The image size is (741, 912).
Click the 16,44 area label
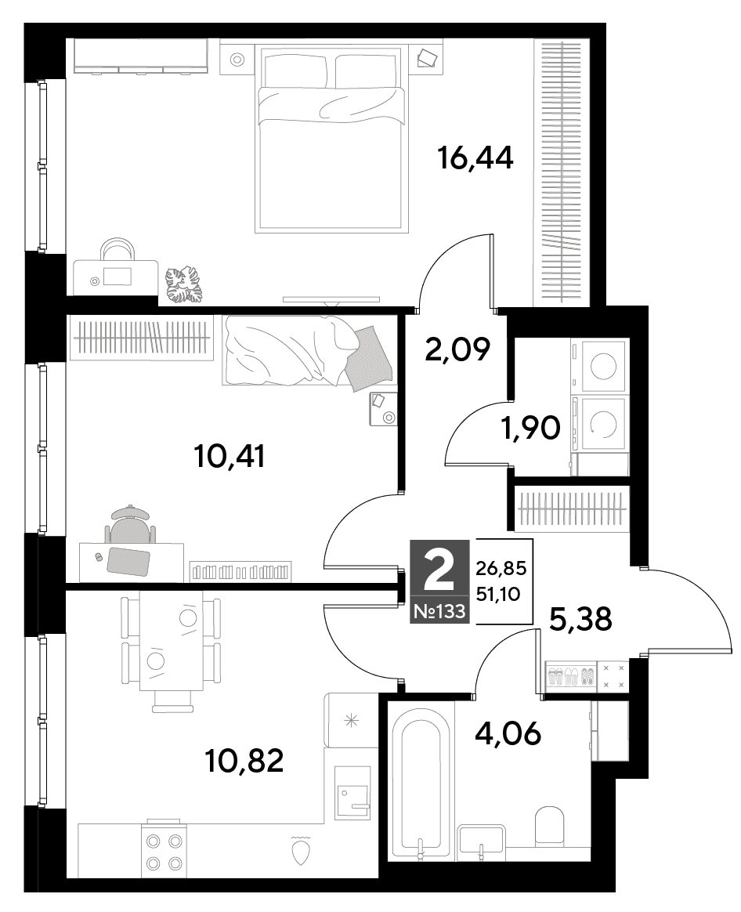pyautogui.click(x=475, y=157)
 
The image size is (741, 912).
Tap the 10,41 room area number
pyautogui.click(x=230, y=456)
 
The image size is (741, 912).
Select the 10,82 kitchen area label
pyautogui.click(x=244, y=760)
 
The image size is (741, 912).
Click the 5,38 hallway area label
pyautogui.click(x=580, y=619)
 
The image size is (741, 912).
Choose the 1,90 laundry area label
pyautogui.click(x=530, y=428)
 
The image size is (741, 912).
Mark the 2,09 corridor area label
pyautogui.click(x=457, y=349)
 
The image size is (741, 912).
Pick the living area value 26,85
pyautogui.click(x=501, y=568)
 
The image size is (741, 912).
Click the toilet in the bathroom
pyautogui.click(x=550, y=823)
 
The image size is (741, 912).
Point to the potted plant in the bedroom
pyautogui.click(x=183, y=284)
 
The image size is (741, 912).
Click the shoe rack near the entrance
pyautogui.click(x=570, y=676)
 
